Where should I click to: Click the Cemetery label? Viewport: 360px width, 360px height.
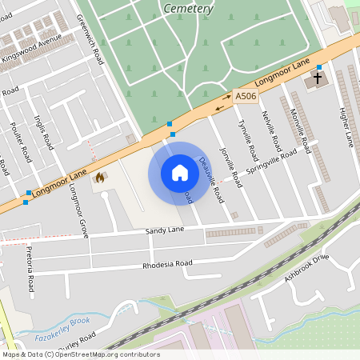pos(188,9)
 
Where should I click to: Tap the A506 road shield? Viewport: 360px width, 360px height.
pos(246,97)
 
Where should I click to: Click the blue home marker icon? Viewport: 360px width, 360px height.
pos(180,173)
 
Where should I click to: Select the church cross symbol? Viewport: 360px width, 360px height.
pos(318,79)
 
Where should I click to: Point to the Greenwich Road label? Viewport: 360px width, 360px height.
pos(90,38)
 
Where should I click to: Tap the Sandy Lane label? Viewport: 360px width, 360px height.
pos(165,230)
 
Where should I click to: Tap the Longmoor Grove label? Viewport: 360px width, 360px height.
pos(78,210)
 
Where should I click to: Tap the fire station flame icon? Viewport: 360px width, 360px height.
pos(100,178)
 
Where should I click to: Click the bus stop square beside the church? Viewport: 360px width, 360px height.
pos(319,67)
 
